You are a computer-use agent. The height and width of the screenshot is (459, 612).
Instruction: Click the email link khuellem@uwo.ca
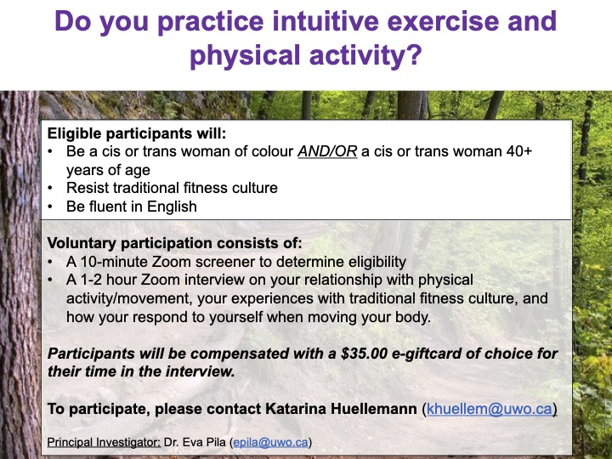pyautogui.click(x=490, y=409)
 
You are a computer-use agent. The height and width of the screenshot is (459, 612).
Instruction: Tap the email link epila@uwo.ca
pyautogui.click(x=270, y=442)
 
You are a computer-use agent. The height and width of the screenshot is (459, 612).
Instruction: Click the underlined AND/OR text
pyautogui.click(x=327, y=151)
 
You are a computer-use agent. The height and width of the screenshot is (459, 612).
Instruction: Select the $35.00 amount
pyautogui.click(x=364, y=354)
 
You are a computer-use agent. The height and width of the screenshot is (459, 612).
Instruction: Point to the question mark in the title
pyautogui.click(x=414, y=54)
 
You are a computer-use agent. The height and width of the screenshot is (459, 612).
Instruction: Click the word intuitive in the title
pyautogui.click(x=326, y=21)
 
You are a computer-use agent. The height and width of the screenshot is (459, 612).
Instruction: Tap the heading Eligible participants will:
pyautogui.click(x=137, y=133)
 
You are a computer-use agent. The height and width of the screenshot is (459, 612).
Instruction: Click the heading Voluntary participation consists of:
pyautogui.click(x=174, y=243)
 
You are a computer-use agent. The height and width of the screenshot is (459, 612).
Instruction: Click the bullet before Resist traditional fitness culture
pyautogui.click(x=50, y=188)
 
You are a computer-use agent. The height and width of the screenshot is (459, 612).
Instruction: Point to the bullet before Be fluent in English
pyautogui.click(x=50, y=207)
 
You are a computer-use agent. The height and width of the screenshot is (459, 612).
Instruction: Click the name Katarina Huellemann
pyautogui.click(x=341, y=409)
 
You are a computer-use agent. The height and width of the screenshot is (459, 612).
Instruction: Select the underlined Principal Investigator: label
pyautogui.click(x=104, y=442)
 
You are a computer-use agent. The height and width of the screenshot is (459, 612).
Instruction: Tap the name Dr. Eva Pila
pyautogui.click(x=195, y=442)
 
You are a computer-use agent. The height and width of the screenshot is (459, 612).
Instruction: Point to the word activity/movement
pyautogui.click(x=128, y=298)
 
